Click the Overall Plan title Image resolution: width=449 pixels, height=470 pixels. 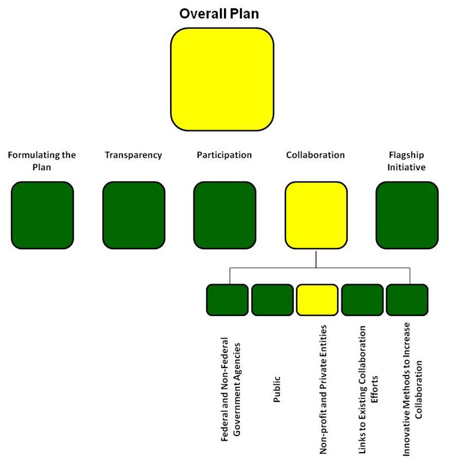point(220,14)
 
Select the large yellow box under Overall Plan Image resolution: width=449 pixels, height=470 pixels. point(222,79)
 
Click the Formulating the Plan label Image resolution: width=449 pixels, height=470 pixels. point(42,160)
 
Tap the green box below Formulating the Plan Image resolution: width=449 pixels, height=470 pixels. point(42,215)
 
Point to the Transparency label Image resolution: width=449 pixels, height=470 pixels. point(133,155)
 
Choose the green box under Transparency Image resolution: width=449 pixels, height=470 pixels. point(133,215)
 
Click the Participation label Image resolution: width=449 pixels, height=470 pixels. point(225,155)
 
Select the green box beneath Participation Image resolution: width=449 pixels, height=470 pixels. point(225,215)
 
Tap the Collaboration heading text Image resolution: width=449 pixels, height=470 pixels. point(315,155)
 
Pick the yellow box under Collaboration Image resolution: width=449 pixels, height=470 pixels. point(316,215)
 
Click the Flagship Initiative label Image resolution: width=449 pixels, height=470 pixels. point(406,160)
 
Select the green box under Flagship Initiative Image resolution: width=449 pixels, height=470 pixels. point(407,215)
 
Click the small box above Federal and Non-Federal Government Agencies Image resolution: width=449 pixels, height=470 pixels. point(227,300)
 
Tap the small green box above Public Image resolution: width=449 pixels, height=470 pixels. point(272,300)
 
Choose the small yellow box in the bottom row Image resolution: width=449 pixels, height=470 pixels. point(317,300)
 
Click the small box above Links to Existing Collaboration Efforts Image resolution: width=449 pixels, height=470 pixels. point(362,300)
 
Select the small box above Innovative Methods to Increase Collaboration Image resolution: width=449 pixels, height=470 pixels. point(407,300)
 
